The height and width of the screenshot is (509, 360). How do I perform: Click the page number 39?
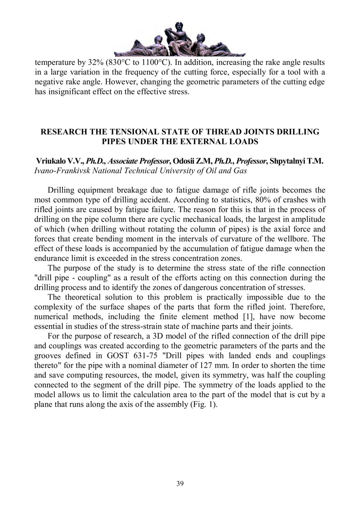click(180, 484)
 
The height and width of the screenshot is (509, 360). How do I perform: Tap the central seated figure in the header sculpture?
click(179, 35)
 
